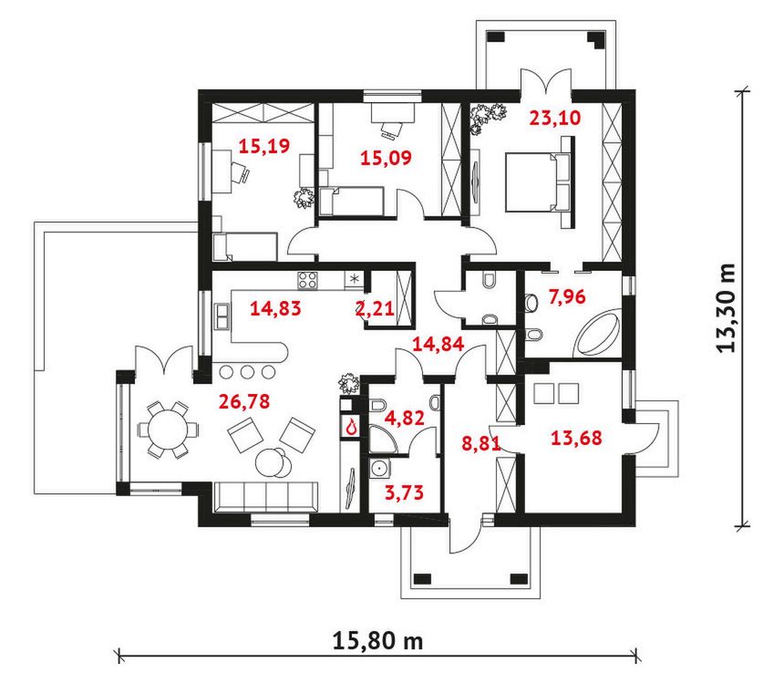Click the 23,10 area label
click(x=555, y=118)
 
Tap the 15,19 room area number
click(x=264, y=146)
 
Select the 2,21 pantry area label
click(x=375, y=308)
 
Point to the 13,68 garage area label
click(x=576, y=438)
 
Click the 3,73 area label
click(x=404, y=492)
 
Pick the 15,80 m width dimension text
click(x=378, y=640)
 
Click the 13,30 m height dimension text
click(x=727, y=307)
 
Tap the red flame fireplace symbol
click(x=352, y=426)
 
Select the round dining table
click(x=168, y=430)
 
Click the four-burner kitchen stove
click(x=307, y=280)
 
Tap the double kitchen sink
click(x=222, y=316)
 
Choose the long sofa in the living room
click(x=266, y=496)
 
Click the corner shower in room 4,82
click(x=383, y=439)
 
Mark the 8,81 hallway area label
click(x=481, y=443)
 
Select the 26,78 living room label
click(x=244, y=401)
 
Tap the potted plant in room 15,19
click(x=304, y=197)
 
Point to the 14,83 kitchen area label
click(x=275, y=308)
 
